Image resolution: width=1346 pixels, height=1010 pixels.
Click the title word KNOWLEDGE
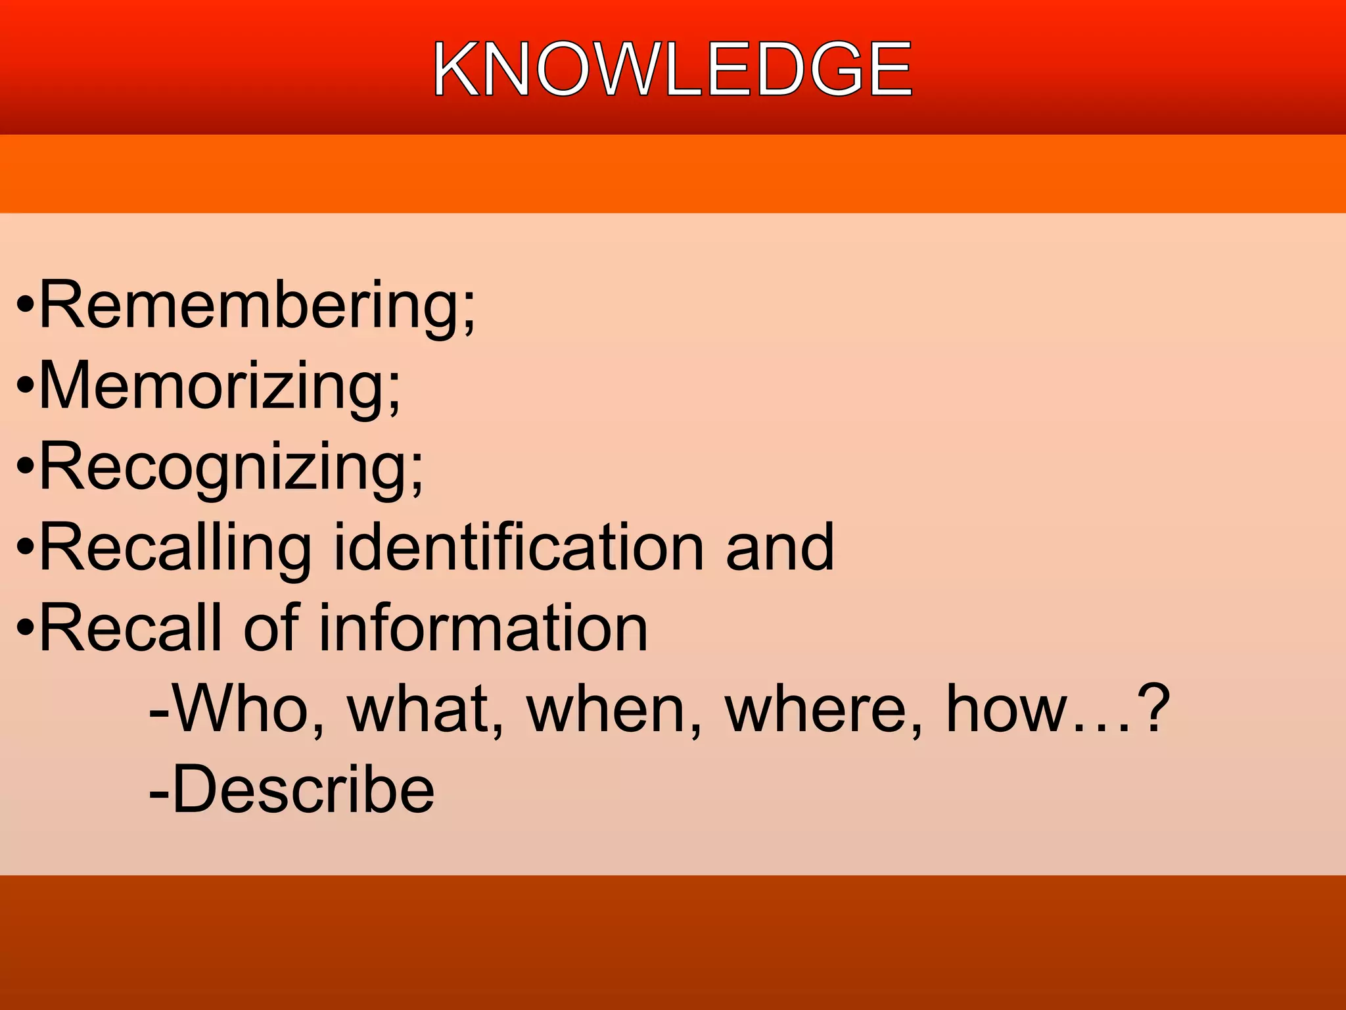[672, 68]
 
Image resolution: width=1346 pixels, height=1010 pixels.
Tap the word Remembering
[250, 305]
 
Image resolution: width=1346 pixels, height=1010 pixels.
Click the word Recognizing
[223, 467]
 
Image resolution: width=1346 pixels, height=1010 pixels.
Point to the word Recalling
[175, 548]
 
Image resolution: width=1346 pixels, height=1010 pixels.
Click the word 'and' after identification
[779, 546]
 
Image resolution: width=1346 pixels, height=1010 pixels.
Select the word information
[483, 628]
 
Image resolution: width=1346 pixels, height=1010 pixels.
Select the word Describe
[302, 789]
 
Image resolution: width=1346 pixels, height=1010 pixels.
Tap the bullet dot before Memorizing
[25, 387]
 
